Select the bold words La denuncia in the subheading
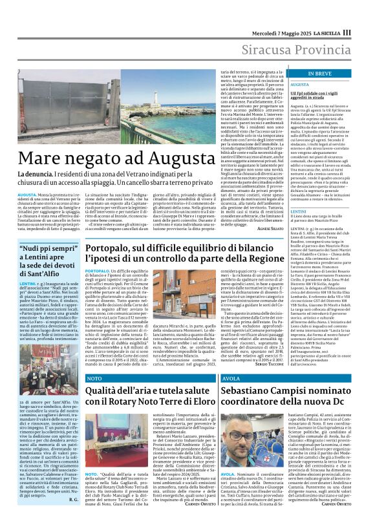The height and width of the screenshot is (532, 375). coord(36,175)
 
